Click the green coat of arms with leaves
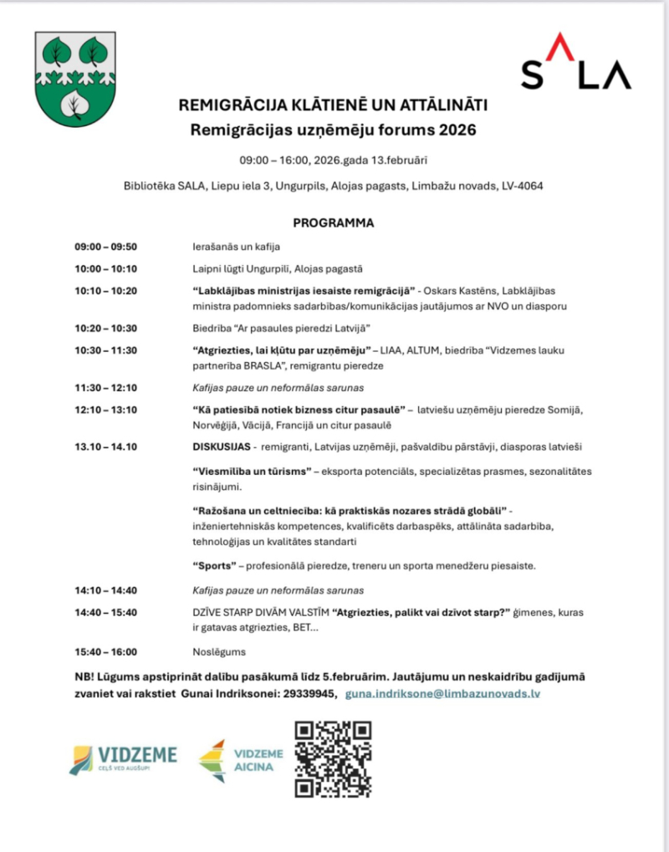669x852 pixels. click(x=75, y=79)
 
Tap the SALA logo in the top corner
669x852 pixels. click(x=576, y=64)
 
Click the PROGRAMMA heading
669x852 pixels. click(x=334, y=223)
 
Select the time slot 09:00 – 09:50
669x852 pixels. click(x=105, y=247)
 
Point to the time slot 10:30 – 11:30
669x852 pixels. click(x=105, y=350)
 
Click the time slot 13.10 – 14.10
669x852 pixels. click(x=105, y=446)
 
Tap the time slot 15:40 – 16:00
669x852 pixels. click(x=105, y=652)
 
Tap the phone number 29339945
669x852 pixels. click(x=309, y=694)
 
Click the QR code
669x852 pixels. click(x=334, y=759)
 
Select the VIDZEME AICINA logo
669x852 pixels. click(x=241, y=760)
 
